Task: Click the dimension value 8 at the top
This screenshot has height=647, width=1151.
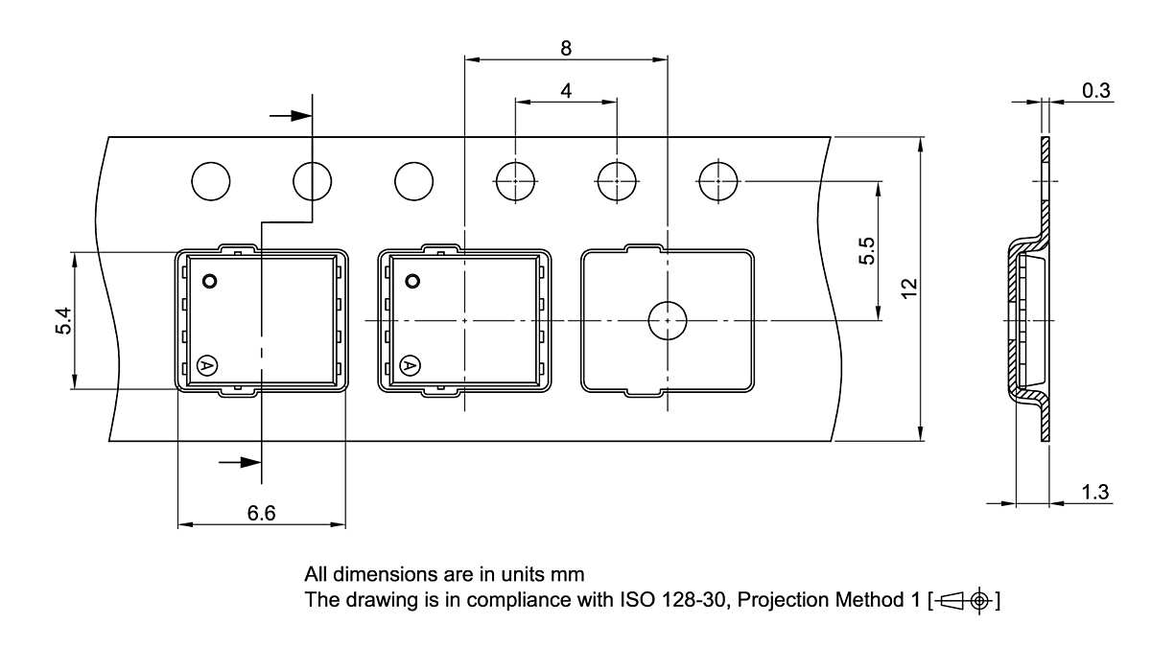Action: [565, 48]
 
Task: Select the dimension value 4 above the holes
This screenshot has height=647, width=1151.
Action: [566, 91]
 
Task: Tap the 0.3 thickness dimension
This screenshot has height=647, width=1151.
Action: [1095, 91]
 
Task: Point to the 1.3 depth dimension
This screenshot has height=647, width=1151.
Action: [1095, 493]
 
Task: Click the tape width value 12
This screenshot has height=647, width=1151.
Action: [909, 288]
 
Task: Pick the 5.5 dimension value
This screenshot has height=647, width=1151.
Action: [866, 251]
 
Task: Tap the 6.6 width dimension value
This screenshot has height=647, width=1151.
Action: [261, 514]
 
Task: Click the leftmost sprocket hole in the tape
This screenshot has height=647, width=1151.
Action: [211, 180]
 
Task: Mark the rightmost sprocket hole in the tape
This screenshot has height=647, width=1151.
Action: [718, 180]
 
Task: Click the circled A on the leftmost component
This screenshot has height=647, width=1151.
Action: [206, 365]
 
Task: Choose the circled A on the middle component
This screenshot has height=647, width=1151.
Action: [410, 365]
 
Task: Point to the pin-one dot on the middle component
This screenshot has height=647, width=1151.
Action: [413, 282]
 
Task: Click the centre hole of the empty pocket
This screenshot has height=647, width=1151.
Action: [667, 320]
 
